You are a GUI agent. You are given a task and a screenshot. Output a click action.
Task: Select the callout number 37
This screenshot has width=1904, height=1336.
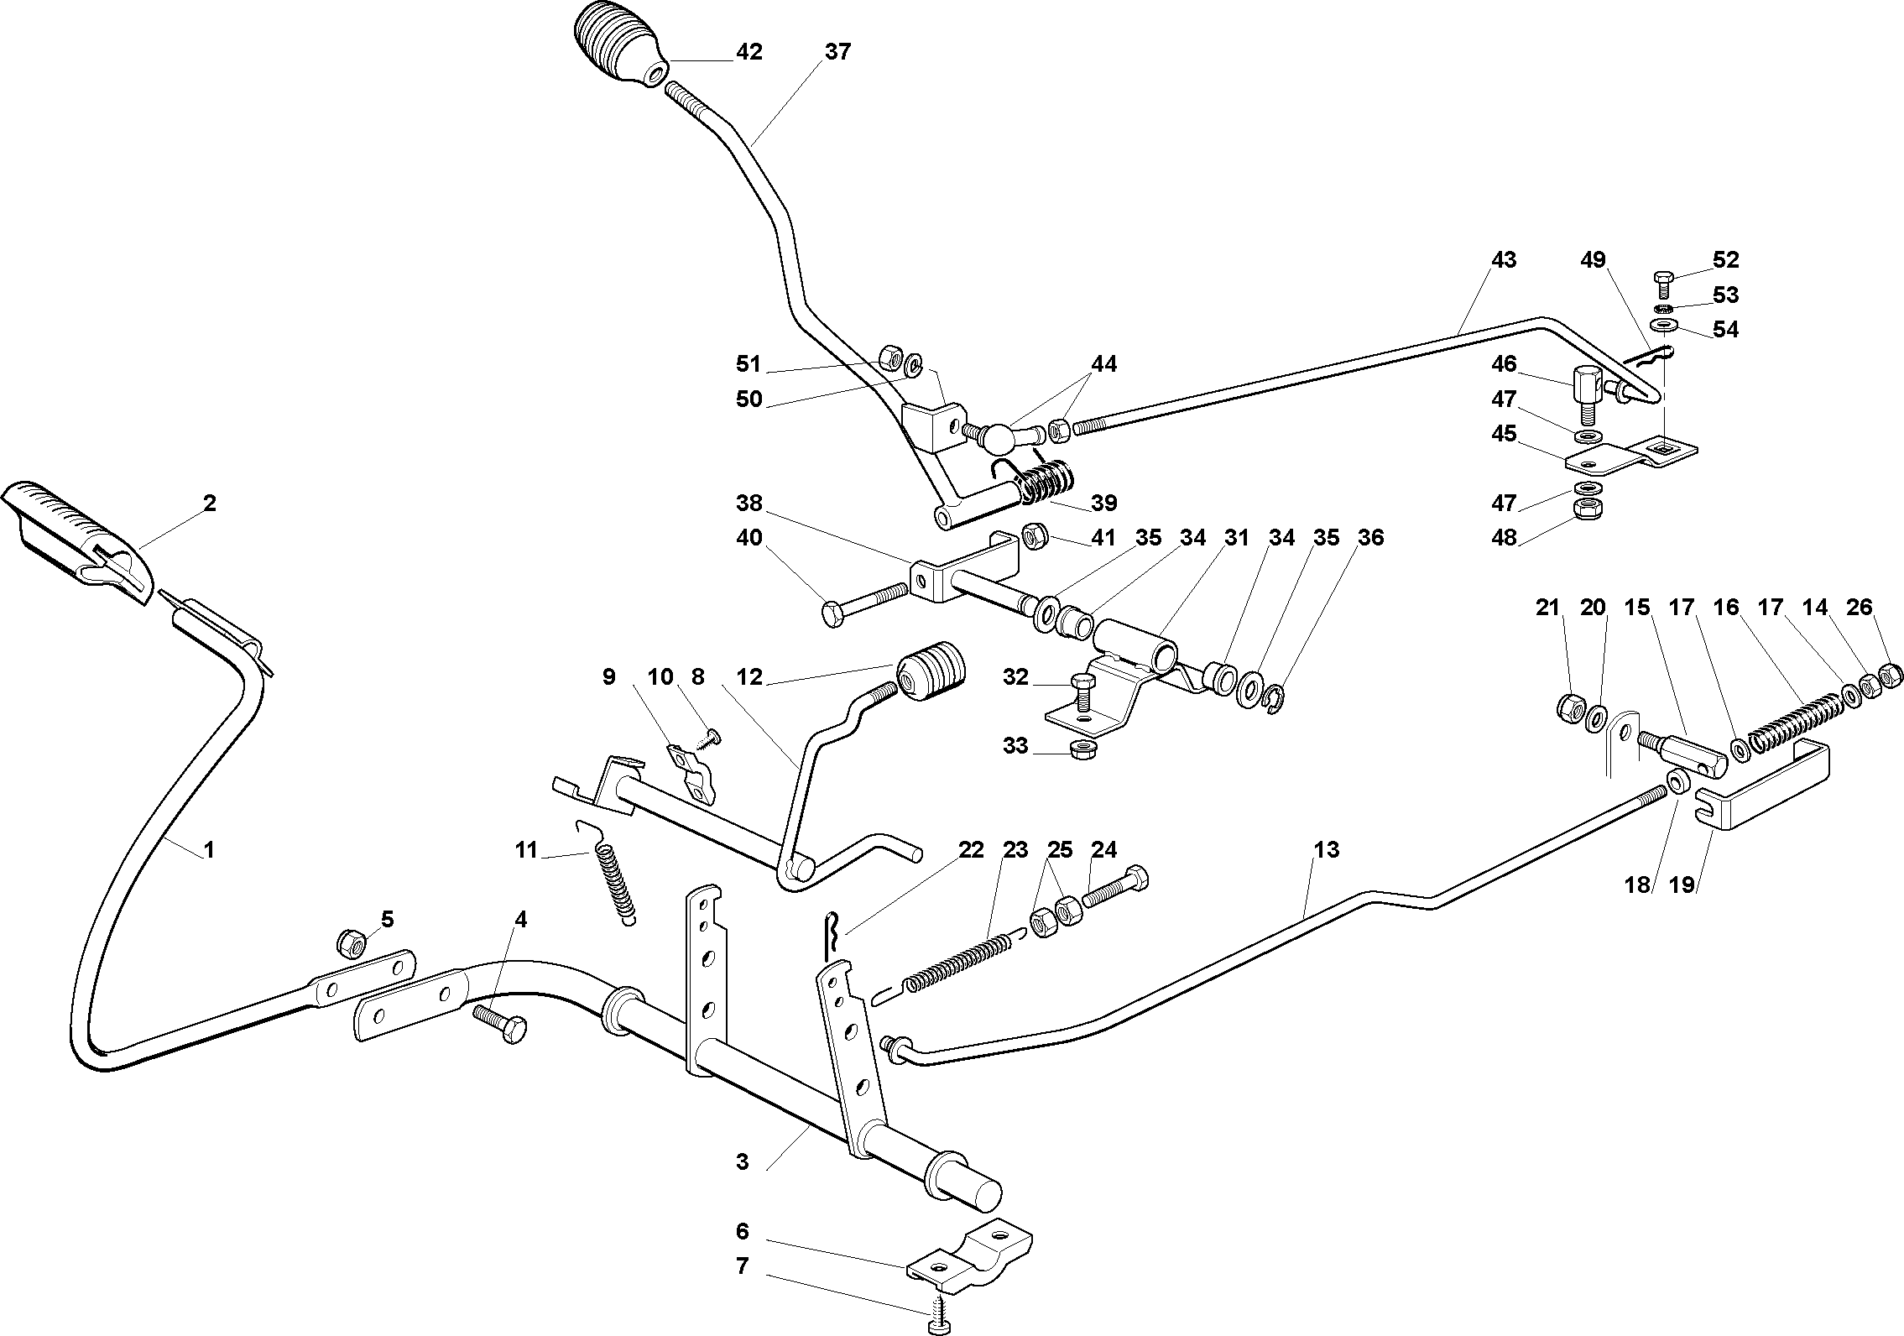point(837,52)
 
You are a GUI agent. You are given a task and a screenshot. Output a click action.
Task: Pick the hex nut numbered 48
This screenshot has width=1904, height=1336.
point(1585,508)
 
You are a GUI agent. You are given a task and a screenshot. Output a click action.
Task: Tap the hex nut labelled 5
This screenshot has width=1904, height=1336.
point(351,944)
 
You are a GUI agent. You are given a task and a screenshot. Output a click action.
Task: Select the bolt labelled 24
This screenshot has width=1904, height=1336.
point(1114,889)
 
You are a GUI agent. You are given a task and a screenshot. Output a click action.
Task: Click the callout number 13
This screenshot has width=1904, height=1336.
point(1327,850)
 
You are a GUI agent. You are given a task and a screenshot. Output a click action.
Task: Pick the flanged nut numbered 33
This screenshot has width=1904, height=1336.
point(1082,747)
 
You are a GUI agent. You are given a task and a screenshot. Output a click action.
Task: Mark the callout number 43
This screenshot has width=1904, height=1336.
point(1503,260)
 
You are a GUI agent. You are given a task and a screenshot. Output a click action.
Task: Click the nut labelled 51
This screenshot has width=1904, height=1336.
point(889,360)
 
